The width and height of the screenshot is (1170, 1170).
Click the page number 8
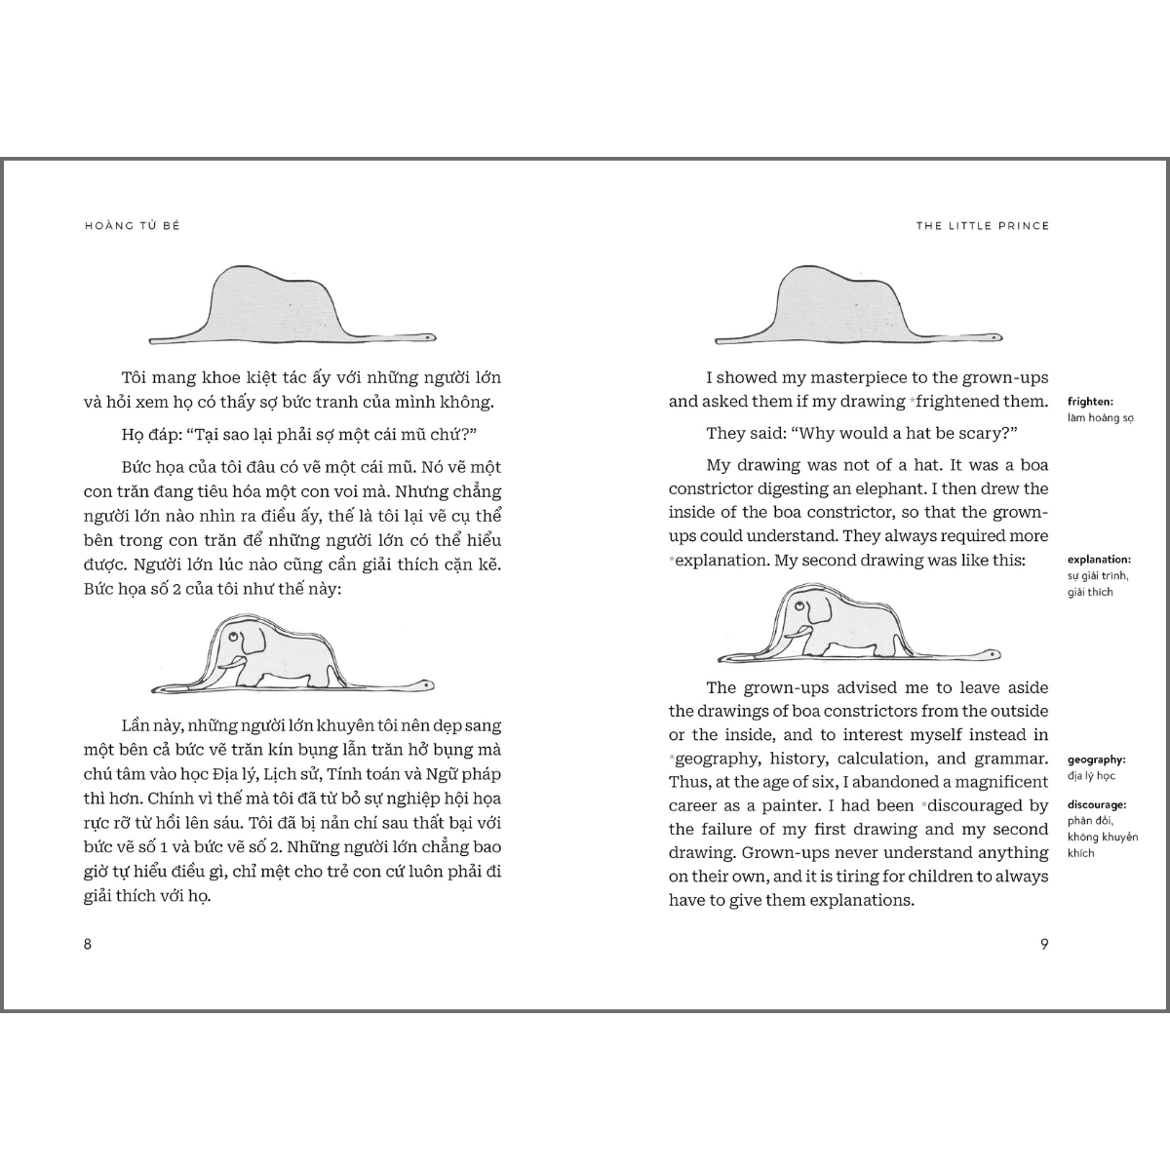coord(88,944)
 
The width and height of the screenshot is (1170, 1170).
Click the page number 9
coord(1044,944)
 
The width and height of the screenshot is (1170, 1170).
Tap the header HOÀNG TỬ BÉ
coord(133,225)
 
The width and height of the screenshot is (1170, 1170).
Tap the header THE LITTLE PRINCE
coord(983,225)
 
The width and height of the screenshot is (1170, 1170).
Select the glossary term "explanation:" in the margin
coord(1099,560)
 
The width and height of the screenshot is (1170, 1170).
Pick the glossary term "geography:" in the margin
coord(1097,759)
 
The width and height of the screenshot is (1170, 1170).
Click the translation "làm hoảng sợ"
coord(1101,418)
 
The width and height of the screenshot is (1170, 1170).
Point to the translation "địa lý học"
coord(1092,776)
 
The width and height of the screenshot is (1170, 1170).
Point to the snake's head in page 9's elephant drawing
coord(992,652)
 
